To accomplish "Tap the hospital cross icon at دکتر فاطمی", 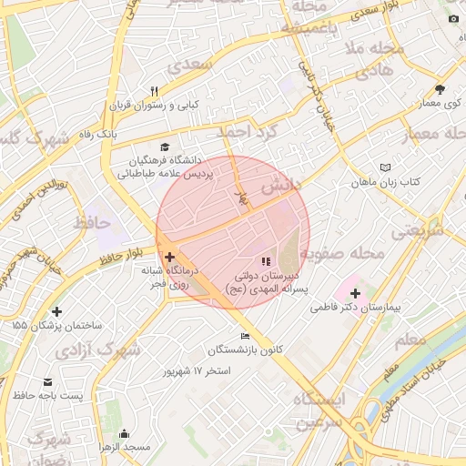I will pyautogui.click(x=355, y=294).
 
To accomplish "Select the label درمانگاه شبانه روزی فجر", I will pyautogui.click(x=166, y=277).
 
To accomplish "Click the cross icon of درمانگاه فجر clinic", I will pyautogui.click(x=169, y=258).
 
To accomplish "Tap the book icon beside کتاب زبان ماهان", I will pyautogui.click(x=386, y=167).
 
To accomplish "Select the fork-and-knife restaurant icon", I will pyautogui.click(x=154, y=91).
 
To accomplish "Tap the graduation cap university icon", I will pyautogui.click(x=165, y=147).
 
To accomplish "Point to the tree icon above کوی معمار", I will pyautogui.click(x=441, y=89).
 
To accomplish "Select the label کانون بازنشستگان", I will pyautogui.click(x=246, y=350).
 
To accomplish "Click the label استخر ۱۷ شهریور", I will pyautogui.click(x=197, y=371).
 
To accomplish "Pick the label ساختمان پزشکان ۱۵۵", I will pyautogui.click(x=56, y=325).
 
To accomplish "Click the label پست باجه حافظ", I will pyautogui.click(x=51, y=396).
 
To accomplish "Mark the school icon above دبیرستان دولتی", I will pyautogui.click(x=266, y=261).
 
